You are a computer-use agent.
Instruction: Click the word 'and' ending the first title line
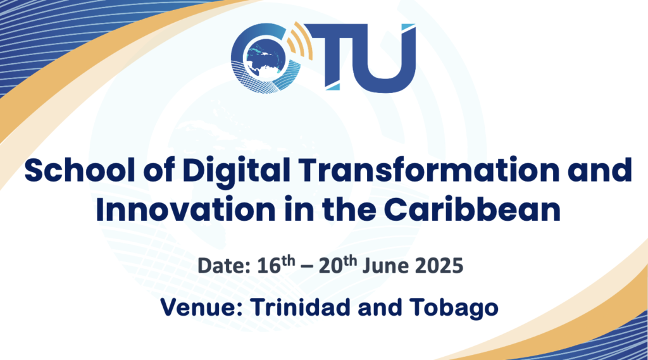[x=602, y=172]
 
